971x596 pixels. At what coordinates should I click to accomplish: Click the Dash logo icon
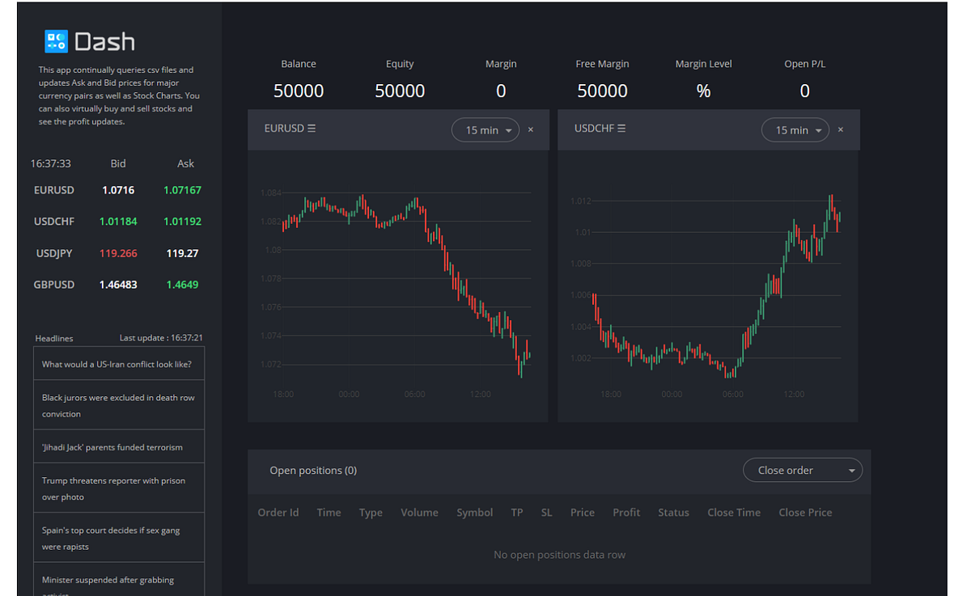(56, 41)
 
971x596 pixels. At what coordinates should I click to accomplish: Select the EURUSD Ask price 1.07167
(182, 190)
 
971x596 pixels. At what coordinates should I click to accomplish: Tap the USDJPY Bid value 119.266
(118, 253)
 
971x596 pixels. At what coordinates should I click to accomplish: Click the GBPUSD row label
(54, 285)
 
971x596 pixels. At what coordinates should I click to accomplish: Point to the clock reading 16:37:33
(50, 163)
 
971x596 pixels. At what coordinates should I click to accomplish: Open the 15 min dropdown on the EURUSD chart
(485, 130)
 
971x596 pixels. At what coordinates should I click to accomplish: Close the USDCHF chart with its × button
(841, 130)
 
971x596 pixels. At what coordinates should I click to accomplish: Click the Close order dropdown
(802, 470)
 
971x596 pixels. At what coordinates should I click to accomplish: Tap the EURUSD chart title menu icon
(312, 129)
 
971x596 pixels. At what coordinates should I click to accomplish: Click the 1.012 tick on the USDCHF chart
(581, 201)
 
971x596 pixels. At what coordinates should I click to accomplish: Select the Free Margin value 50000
(602, 91)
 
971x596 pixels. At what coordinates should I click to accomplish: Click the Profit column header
(625, 512)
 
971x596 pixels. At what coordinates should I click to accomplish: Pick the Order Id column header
(278, 512)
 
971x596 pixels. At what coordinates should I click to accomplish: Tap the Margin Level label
(703, 64)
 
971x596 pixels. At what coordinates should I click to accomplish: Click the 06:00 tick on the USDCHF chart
(732, 394)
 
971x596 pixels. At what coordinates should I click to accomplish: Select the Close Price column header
(804, 512)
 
